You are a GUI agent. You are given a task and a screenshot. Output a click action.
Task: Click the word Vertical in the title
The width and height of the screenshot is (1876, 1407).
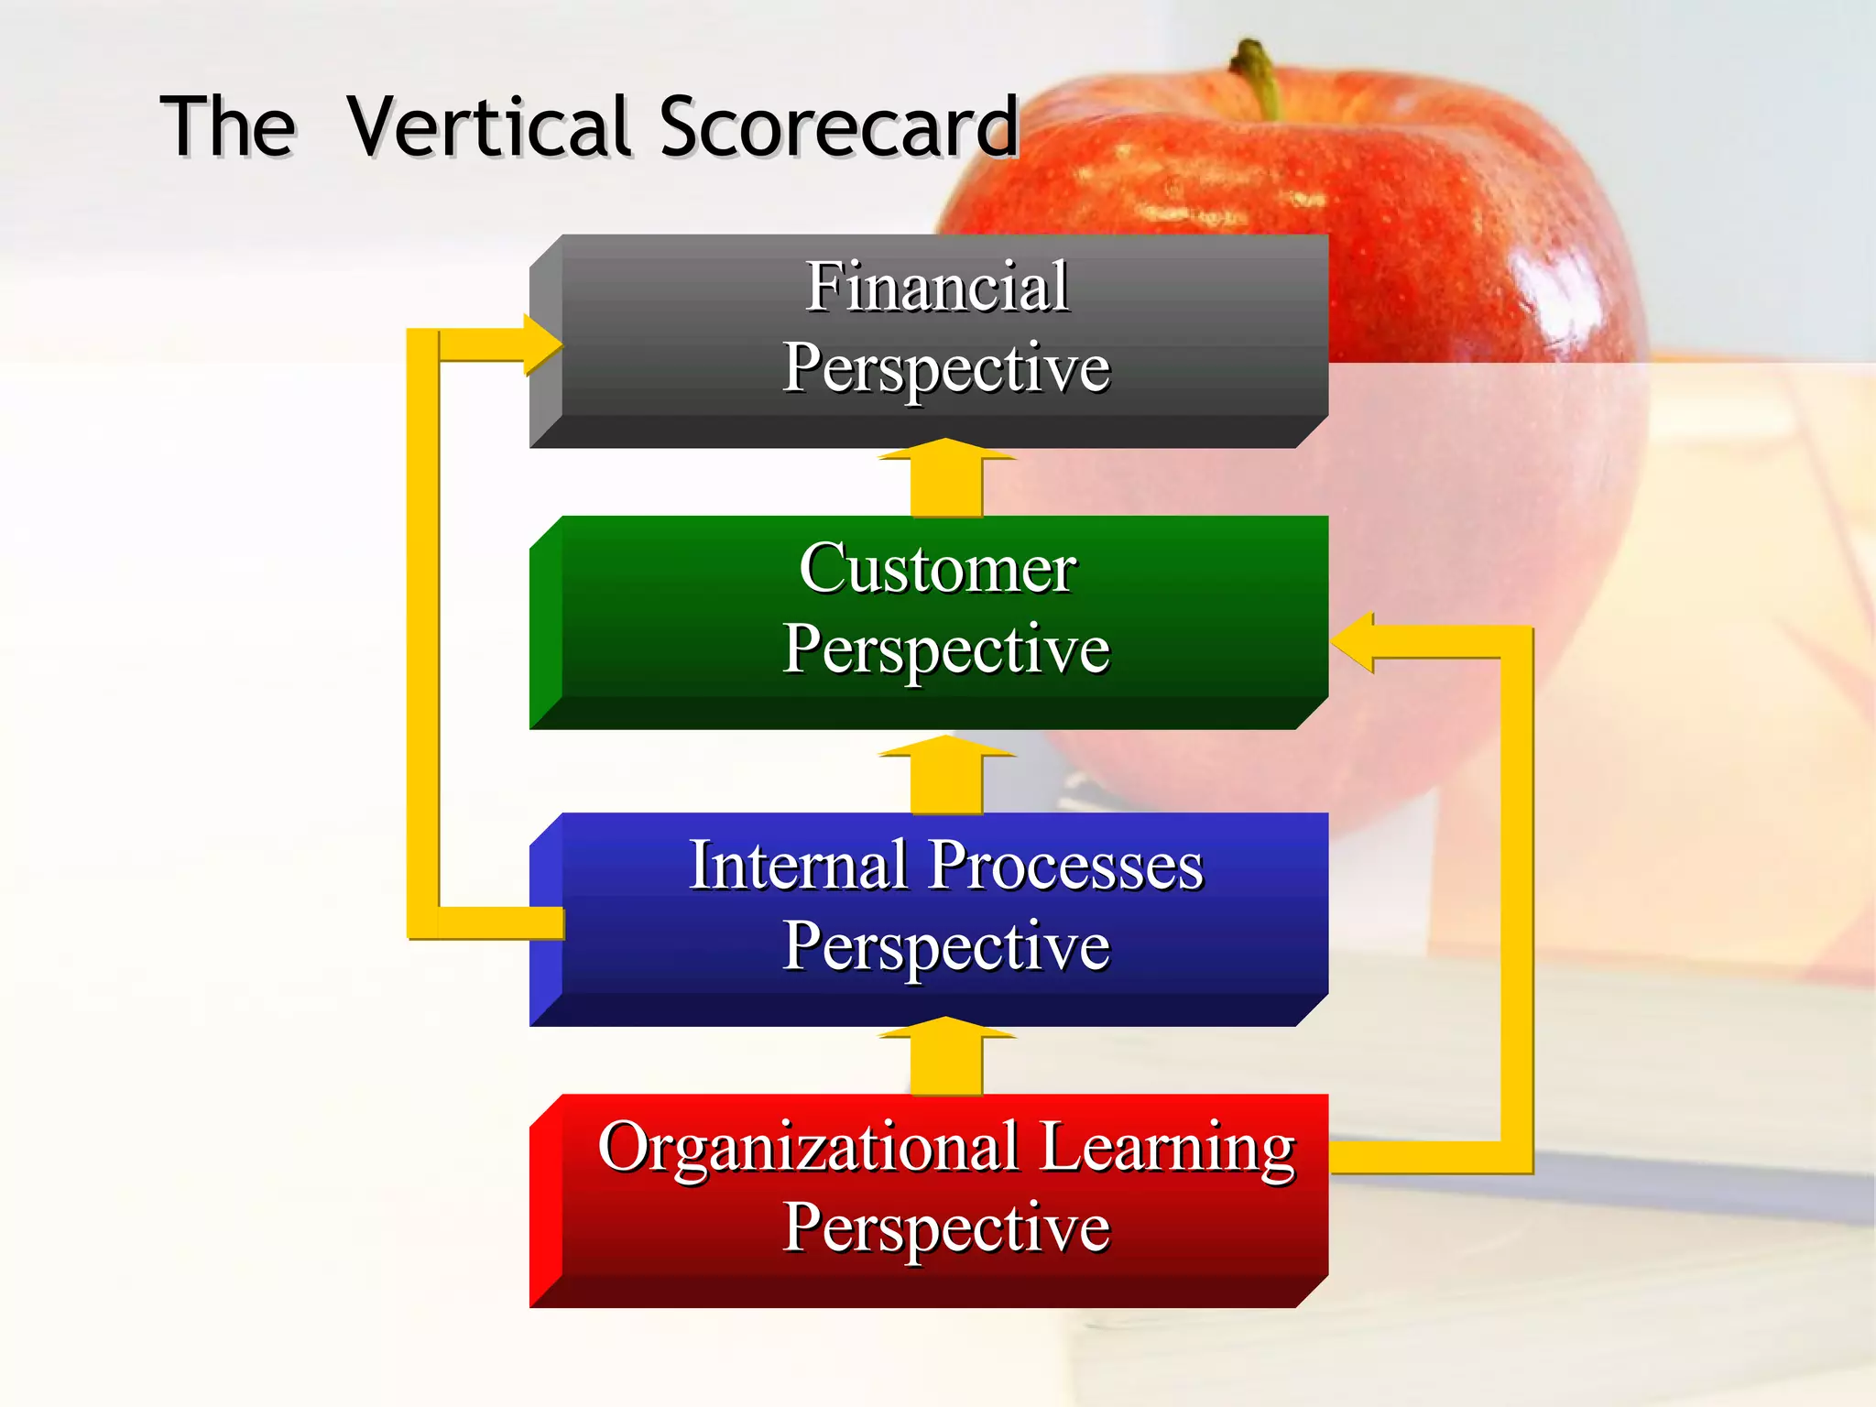click(490, 126)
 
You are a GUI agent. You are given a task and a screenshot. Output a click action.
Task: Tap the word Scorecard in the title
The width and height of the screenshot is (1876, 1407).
click(838, 126)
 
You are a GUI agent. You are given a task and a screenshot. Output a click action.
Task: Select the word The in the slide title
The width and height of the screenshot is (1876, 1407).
click(228, 126)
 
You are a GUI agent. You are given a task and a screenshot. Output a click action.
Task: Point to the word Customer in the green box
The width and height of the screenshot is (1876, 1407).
click(937, 568)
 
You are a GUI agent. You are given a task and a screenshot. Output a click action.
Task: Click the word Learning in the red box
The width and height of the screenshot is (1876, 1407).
click(1168, 1149)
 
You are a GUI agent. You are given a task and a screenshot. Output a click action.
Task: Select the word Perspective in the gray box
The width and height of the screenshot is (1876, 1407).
click(946, 368)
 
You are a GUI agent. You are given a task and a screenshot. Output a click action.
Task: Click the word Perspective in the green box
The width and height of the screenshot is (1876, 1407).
click(946, 649)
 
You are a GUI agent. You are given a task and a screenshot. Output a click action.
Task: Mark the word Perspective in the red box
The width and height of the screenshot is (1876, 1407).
click(946, 1227)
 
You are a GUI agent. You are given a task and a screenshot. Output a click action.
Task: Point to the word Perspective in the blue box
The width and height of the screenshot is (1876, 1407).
click(946, 945)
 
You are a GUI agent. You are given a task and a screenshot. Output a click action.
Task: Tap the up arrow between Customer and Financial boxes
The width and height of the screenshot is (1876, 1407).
click(947, 478)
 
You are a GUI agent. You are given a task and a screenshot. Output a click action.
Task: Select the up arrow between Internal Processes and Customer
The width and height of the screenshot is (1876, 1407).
click(947, 774)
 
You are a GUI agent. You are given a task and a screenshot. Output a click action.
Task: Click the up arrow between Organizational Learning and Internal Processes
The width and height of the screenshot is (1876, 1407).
click(947, 1055)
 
